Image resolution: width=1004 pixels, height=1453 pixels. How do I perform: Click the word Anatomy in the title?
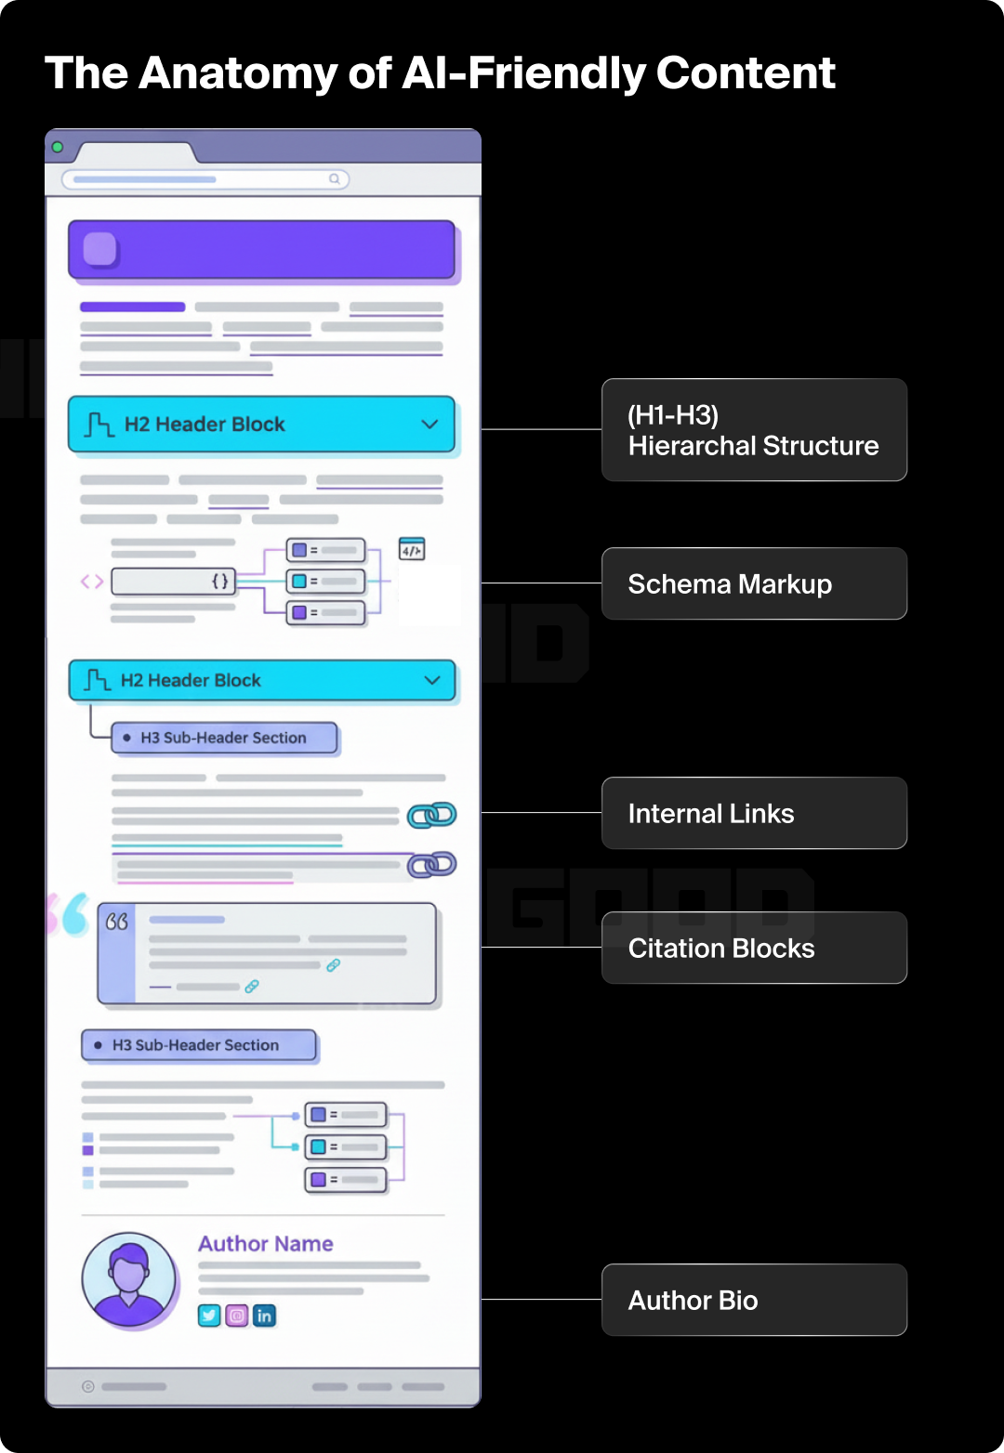(237, 74)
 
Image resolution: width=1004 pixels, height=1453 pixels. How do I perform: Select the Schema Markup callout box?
(754, 583)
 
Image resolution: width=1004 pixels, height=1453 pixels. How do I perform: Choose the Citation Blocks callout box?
(754, 948)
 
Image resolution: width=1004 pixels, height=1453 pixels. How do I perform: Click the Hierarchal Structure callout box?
(754, 430)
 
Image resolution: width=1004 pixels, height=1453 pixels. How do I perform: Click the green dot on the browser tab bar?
(58, 147)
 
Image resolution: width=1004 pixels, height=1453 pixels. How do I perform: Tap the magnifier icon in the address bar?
(334, 179)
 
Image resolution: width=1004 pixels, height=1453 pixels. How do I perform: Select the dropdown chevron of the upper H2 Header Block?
(429, 425)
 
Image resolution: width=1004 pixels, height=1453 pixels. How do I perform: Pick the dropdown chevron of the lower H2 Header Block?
(432, 680)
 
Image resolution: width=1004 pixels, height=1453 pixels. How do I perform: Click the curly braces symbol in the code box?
(220, 582)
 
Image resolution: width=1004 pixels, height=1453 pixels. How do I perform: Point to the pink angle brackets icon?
(91, 582)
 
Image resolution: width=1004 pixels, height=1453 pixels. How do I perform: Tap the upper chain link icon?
(432, 815)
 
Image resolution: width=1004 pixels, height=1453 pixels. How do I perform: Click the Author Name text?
(265, 1244)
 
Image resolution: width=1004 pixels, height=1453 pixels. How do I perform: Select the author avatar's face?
(128, 1269)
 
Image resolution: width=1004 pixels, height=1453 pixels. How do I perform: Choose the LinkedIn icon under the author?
(265, 1316)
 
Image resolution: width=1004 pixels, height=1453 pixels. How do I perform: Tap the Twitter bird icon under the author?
(209, 1316)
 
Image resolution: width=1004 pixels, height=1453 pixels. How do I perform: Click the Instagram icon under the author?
(237, 1316)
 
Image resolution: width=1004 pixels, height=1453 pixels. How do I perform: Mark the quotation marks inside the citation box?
(117, 922)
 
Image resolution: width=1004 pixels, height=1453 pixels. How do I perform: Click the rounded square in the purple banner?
(100, 249)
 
